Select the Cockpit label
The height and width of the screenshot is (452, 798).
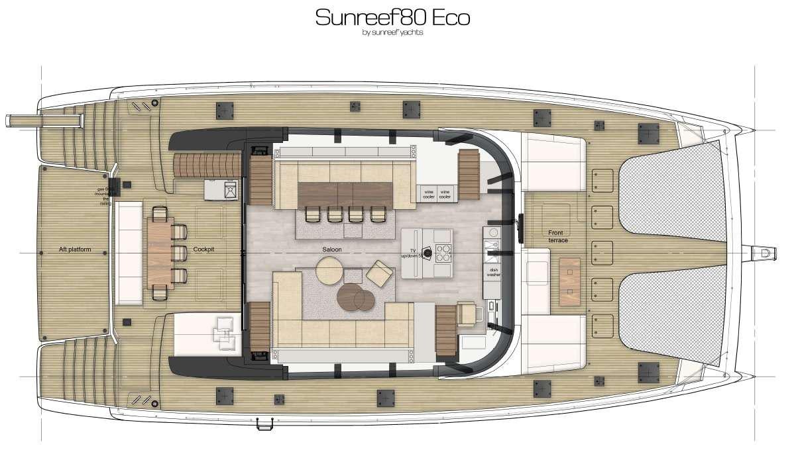(x=203, y=249)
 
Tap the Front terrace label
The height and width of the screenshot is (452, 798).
(x=557, y=236)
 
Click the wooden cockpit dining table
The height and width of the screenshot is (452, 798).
(x=158, y=253)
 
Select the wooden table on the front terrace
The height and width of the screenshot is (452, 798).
(x=569, y=282)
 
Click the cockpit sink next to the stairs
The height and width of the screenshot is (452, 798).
(x=229, y=191)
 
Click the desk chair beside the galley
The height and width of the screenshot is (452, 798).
(x=467, y=314)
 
